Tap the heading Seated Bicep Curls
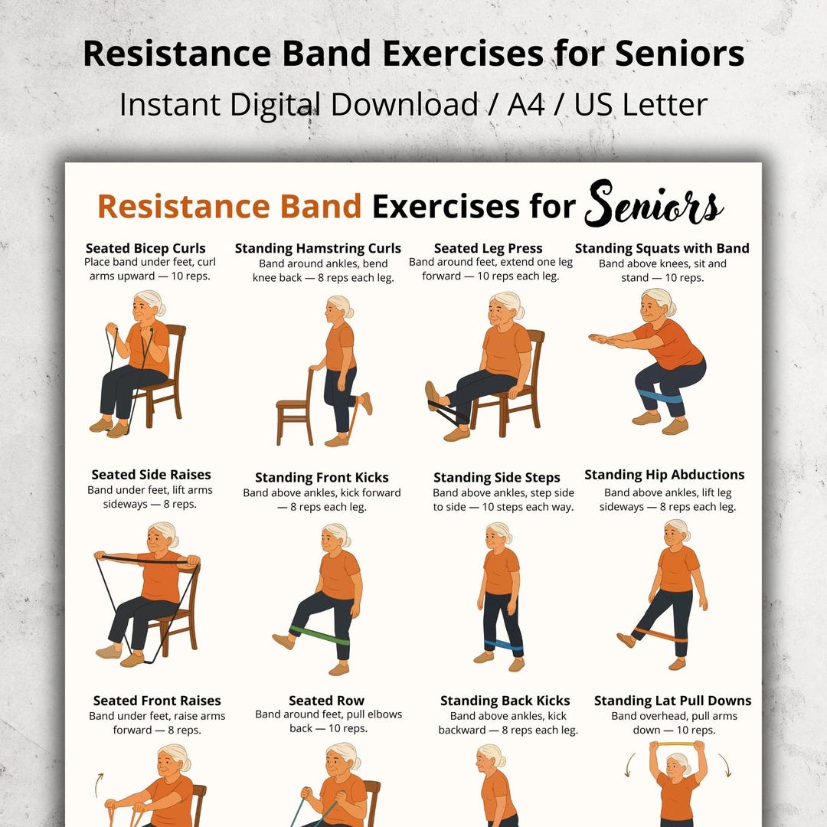click(x=145, y=248)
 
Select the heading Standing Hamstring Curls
click(x=318, y=248)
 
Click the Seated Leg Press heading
click(x=488, y=248)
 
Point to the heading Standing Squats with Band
click(x=662, y=248)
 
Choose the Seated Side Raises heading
click(x=151, y=475)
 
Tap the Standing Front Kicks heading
click(x=322, y=478)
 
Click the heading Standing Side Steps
click(x=497, y=478)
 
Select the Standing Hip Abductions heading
click(x=665, y=475)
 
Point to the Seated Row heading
click(x=326, y=701)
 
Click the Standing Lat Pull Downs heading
click(x=672, y=701)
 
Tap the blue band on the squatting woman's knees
click(x=660, y=396)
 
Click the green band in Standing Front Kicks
click(x=320, y=635)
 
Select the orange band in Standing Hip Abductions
click(x=660, y=634)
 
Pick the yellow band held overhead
click(x=677, y=744)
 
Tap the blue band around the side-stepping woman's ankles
click(x=502, y=645)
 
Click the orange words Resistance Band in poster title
click(x=230, y=207)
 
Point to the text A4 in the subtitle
click(x=526, y=104)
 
